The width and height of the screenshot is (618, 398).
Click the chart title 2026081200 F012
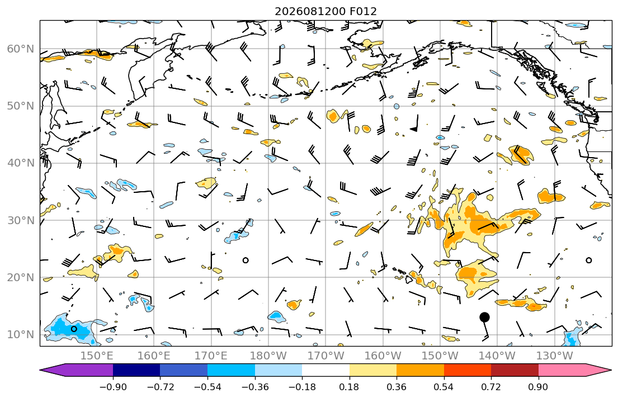pyautogui.click(x=325, y=11)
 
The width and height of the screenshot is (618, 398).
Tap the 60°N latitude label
pyautogui.click(x=21, y=49)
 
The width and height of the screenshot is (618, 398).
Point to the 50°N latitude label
pyautogui.click(x=21, y=106)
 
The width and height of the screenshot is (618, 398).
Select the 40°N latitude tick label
pyautogui.click(x=21, y=163)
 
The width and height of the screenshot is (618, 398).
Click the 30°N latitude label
pyautogui.click(x=21, y=220)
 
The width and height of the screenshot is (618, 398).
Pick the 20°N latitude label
pyautogui.click(x=21, y=277)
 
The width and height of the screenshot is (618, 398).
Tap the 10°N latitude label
pyautogui.click(x=21, y=335)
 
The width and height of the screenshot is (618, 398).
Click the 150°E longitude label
pyautogui.click(x=97, y=356)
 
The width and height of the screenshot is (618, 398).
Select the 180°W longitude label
pyautogui.click(x=269, y=356)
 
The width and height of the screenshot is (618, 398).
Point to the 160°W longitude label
pyautogui.click(x=383, y=356)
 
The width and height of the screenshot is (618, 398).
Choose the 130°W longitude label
pyautogui.click(x=555, y=356)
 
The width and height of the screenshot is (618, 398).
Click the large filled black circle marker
pyautogui.click(x=485, y=317)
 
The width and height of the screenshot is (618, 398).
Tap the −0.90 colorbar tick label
pyautogui.click(x=113, y=387)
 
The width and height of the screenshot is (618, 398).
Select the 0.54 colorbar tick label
pyautogui.click(x=444, y=387)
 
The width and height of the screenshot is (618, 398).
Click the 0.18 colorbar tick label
pyautogui.click(x=349, y=387)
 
